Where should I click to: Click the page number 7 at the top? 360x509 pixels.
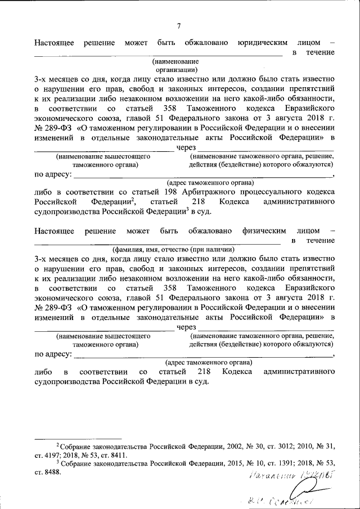pos(179,26)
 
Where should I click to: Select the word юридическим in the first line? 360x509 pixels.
pos(264,42)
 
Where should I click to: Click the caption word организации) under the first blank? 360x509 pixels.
pos(175,69)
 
